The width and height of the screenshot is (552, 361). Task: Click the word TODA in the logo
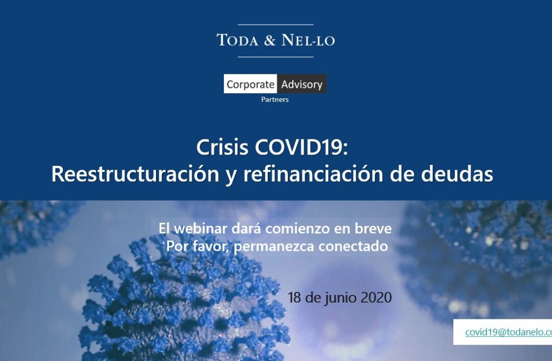tap(238, 40)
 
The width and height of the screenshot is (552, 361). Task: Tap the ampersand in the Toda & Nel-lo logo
tap(270, 40)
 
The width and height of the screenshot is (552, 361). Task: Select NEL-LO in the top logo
tap(308, 40)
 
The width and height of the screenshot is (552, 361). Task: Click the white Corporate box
tap(250, 84)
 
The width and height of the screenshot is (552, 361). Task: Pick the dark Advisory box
tap(302, 84)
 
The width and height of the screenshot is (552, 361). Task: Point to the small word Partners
tap(275, 99)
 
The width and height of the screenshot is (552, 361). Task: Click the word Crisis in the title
tap(222, 147)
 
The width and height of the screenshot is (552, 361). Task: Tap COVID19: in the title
tap(302, 147)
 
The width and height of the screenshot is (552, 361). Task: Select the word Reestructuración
tap(135, 174)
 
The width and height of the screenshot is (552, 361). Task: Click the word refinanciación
tap(313, 174)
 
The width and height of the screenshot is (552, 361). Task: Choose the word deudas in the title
tap(457, 174)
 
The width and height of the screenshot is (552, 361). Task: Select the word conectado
tap(353, 246)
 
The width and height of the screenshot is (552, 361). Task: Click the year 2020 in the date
tap(376, 298)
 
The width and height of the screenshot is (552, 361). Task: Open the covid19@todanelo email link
tap(509, 332)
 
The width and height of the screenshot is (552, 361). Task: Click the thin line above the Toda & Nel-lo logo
tap(275, 25)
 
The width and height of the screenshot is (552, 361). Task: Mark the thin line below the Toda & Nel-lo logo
tap(275, 57)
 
